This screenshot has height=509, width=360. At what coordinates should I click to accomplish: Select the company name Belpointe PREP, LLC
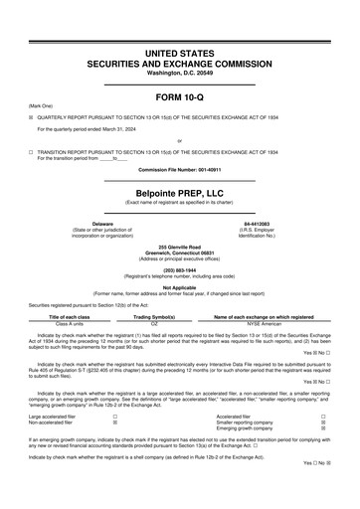coord(180,191)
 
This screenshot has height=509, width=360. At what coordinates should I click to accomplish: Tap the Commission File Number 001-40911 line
coord(180,170)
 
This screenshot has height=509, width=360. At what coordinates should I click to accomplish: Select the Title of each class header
coord(70,317)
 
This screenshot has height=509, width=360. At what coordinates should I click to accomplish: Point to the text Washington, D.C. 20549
coord(180,73)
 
